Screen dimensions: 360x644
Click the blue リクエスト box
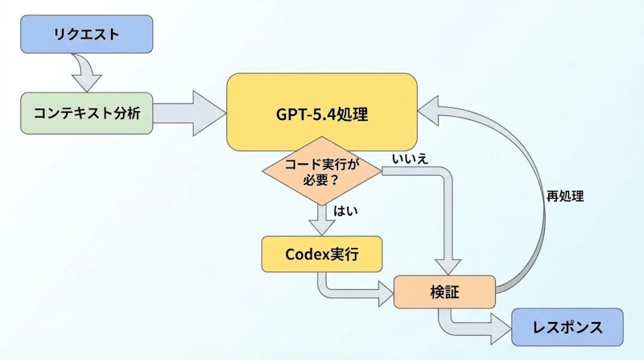tap(87, 35)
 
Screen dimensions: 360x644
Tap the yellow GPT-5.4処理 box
tap(322, 113)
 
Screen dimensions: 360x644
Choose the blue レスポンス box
tap(567, 327)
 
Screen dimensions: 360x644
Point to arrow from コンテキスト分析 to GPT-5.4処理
tap(190, 112)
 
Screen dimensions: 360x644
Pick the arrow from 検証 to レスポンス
tap(475, 326)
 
